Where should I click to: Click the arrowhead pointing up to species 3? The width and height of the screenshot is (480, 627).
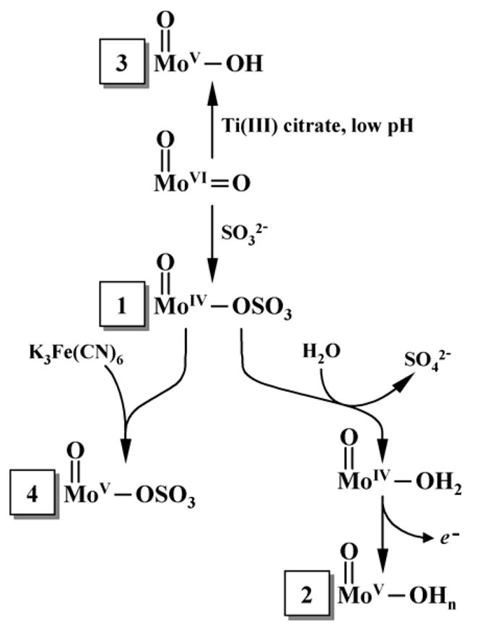tap(211, 93)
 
